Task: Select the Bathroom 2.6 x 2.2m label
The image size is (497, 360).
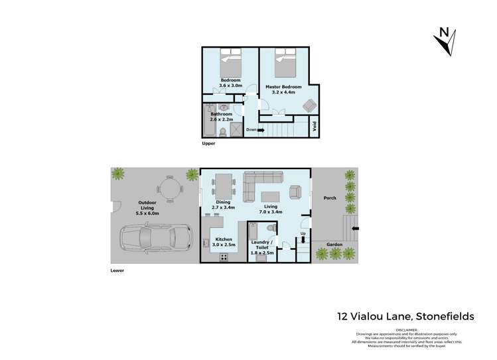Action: coord(222,117)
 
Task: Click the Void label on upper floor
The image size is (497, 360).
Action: coord(314,126)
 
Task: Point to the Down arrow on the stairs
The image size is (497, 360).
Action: coord(254,130)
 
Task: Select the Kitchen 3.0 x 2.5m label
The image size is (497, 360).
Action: coord(223,242)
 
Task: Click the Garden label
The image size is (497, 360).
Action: coord(334,244)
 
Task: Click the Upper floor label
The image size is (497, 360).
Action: coord(208,143)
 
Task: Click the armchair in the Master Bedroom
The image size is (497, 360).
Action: coord(309,105)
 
